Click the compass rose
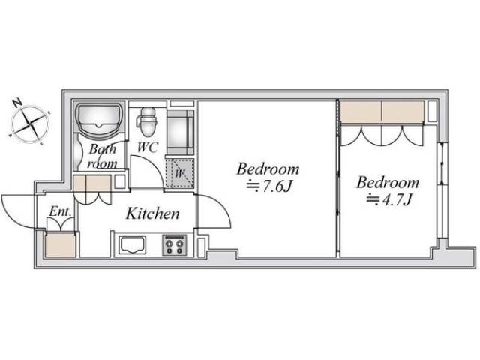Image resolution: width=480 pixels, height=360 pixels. click(x=30, y=124)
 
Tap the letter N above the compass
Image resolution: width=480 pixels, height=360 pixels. click(x=17, y=102)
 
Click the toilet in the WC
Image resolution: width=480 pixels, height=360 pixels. click(x=148, y=121)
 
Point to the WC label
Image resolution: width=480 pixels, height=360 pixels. click(x=148, y=147)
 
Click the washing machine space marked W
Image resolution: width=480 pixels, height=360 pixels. click(x=180, y=173)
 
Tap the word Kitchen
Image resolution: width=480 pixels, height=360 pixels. click(x=152, y=213)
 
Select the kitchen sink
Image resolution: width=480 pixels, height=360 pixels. click(x=133, y=245)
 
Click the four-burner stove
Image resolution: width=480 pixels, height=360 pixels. click(x=175, y=245)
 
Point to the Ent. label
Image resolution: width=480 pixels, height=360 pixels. click(x=61, y=211)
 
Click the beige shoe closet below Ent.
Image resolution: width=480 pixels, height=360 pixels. click(x=60, y=245)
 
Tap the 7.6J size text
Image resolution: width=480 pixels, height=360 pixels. click(x=268, y=187)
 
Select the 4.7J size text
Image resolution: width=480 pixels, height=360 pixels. click(x=388, y=200)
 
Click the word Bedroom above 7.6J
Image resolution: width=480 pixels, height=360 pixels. click(x=268, y=169)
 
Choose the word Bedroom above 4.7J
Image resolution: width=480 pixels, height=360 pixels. click(x=388, y=182)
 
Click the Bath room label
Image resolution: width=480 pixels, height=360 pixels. click(x=103, y=157)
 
